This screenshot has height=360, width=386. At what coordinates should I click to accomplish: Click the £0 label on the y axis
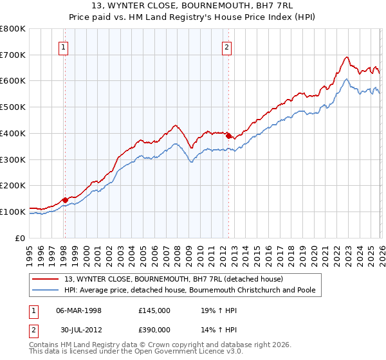pyautogui.click(x=21, y=238)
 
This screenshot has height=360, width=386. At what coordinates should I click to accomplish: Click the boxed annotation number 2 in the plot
pyautogui.click(x=228, y=46)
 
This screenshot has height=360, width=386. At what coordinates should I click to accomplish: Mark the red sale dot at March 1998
pyautogui.click(x=65, y=200)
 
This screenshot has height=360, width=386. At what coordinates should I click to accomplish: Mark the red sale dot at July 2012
pyautogui.click(x=228, y=136)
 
